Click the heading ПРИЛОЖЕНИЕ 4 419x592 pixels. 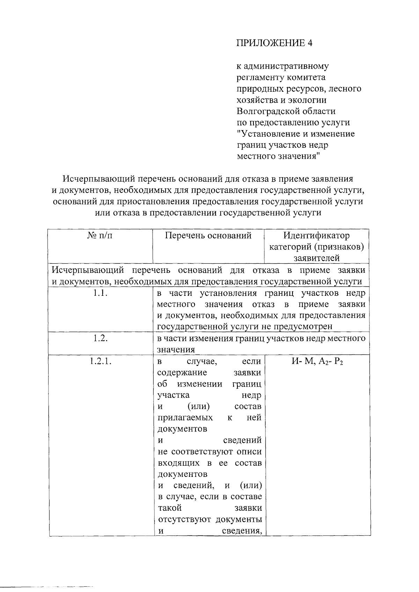tap(274, 43)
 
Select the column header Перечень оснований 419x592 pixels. tap(208, 236)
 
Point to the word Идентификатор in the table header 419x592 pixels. tap(316, 236)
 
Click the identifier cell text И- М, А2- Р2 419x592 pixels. tap(317, 361)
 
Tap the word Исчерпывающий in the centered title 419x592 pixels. tap(99, 179)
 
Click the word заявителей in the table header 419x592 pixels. tap(316, 258)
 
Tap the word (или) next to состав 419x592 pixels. tap(199, 407)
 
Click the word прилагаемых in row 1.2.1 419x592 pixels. tap(185, 418)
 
